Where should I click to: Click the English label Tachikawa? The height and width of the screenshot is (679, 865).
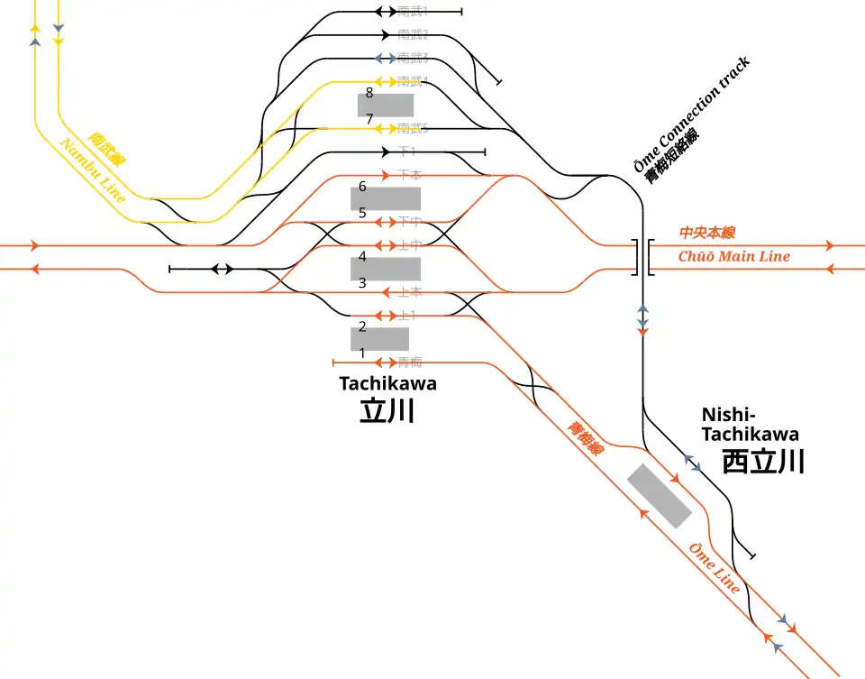tap(387, 383)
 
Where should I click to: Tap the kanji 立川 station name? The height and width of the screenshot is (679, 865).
tap(387, 411)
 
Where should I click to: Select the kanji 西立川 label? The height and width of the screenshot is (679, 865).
tap(763, 462)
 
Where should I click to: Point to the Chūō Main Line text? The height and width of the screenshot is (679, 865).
tap(733, 256)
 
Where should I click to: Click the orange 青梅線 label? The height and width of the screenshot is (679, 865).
tap(584, 438)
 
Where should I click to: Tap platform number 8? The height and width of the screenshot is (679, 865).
tap(369, 92)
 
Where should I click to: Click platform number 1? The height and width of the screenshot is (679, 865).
tap(362, 353)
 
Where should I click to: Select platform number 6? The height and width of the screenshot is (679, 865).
tap(362, 187)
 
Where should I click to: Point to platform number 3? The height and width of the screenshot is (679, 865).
tap(362, 283)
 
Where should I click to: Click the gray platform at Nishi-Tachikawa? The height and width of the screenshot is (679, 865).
tap(660, 495)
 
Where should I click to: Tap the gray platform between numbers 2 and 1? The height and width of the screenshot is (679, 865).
tap(379, 339)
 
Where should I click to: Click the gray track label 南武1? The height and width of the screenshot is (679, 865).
tap(413, 12)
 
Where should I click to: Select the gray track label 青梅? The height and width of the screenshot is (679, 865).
tap(409, 362)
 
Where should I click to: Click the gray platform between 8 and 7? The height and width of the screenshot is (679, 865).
tap(386, 105)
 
